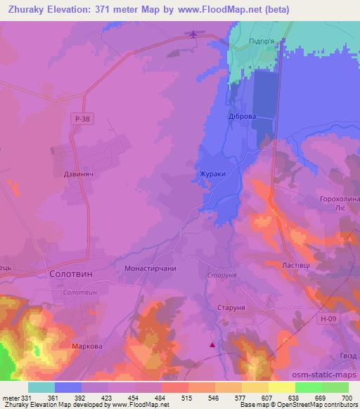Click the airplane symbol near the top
point(195,34)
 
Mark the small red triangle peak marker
point(212,344)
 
